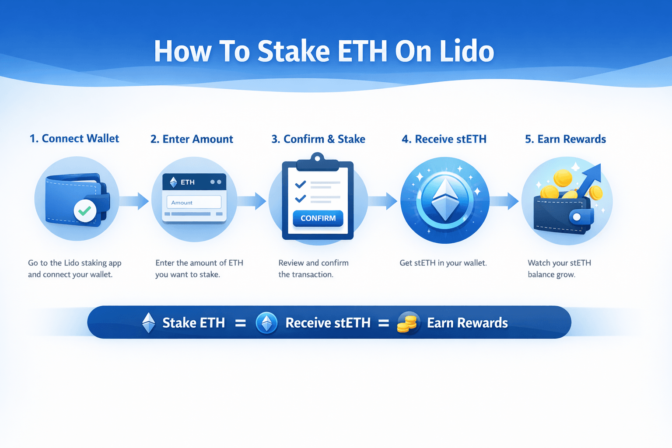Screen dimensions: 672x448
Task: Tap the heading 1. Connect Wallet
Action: [74, 139]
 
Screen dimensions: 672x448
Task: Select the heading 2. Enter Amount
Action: [192, 139]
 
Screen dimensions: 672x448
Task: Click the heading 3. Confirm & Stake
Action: [318, 139]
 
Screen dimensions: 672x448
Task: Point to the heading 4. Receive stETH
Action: [444, 139]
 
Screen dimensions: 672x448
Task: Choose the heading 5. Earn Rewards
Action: [566, 139]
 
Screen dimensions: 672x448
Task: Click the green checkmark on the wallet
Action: [85, 210]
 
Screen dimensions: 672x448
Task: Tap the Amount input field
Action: [194, 202]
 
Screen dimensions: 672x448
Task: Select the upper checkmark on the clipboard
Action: [300, 184]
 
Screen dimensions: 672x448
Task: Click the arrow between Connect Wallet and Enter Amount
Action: [134, 201]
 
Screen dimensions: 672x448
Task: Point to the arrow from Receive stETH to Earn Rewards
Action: [504, 201]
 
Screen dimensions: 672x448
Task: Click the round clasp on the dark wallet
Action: [576, 217]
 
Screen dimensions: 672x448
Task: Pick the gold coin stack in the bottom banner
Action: [407, 323]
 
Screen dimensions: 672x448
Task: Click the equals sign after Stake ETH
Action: [240, 323]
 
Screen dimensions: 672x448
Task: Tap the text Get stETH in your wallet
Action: [443, 263]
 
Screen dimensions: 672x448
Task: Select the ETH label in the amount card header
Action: [188, 182]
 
